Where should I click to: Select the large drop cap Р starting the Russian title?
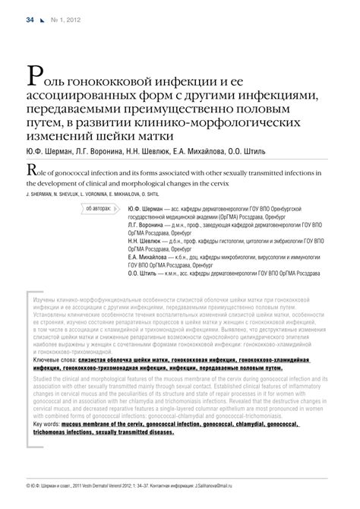(x=34, y=75)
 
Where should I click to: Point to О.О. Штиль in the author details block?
(x=149, y=274)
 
